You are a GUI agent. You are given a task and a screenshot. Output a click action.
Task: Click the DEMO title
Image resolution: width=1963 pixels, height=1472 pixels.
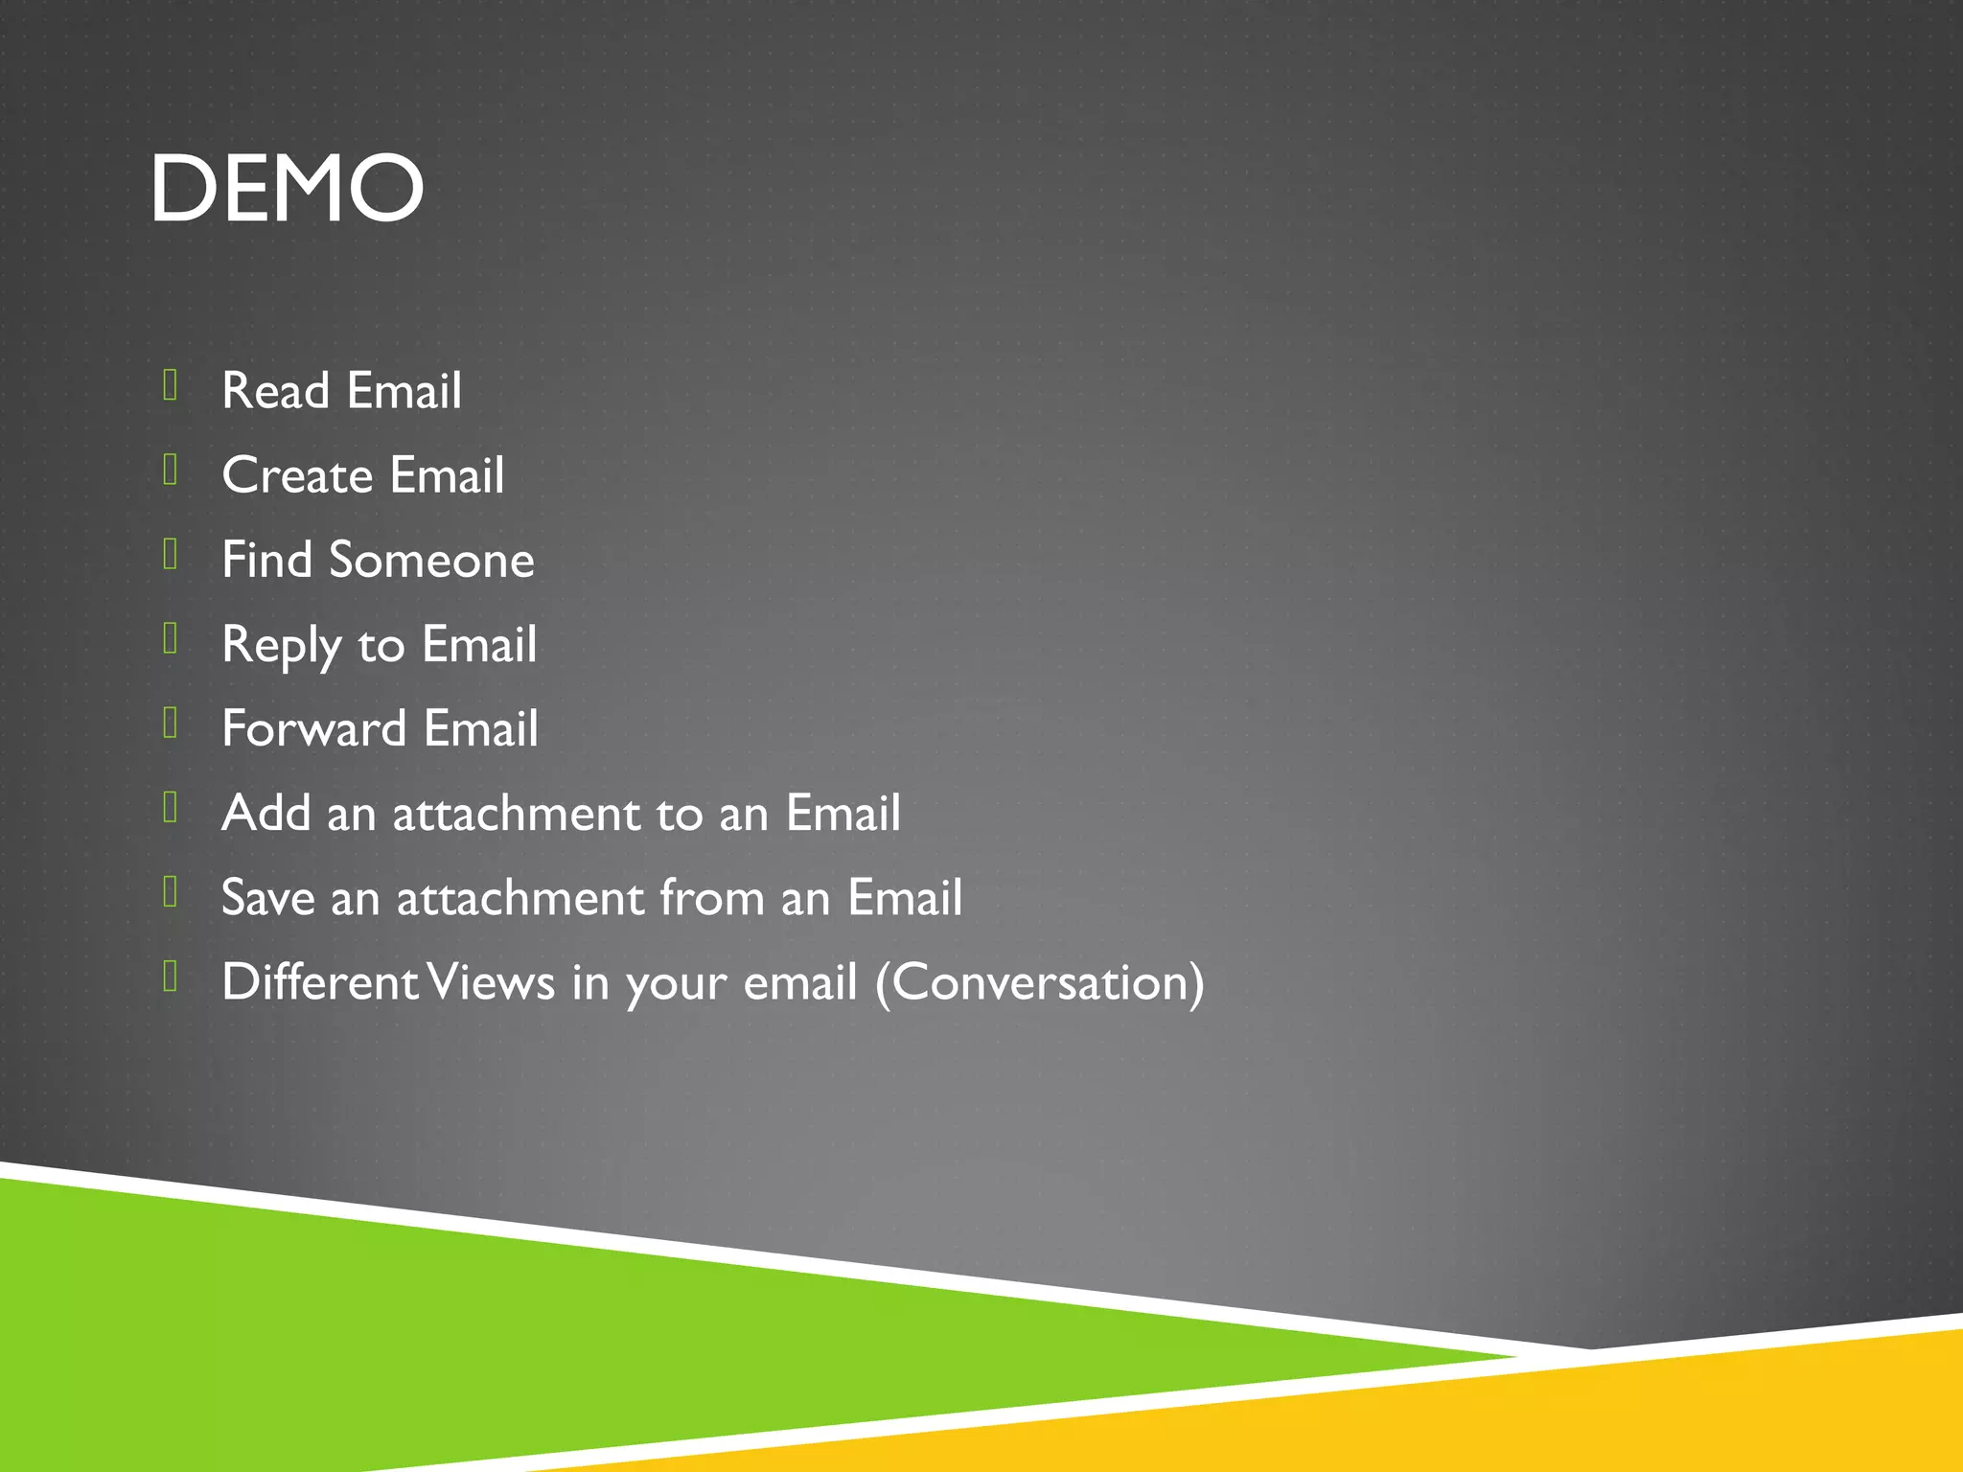point(286,189)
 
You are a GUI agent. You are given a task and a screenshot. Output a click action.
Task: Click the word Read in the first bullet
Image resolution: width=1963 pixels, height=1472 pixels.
point(275,391)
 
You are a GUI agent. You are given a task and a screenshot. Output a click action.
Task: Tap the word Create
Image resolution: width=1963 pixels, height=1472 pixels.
point(297,475)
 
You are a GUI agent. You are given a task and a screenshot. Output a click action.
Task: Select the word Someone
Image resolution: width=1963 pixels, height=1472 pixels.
point(431,560)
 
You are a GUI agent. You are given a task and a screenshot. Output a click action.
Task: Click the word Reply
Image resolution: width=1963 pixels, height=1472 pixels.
point(281,645)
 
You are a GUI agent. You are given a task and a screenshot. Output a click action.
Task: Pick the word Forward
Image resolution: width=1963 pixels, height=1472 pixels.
point(313,728)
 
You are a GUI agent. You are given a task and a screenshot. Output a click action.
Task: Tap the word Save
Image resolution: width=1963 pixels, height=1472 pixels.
point(267,898)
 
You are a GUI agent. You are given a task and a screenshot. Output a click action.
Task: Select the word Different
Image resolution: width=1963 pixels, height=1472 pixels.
point(320,982)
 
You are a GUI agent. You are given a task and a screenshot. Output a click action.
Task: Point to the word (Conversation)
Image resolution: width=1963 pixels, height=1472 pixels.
point(1039,982)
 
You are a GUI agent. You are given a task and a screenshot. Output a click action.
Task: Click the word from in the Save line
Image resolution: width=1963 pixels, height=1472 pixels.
point(710,898)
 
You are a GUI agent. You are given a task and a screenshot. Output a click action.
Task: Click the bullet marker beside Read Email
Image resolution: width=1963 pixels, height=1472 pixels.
point(171,385)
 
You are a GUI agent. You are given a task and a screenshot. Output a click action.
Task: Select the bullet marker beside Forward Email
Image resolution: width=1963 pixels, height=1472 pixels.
point(171,724)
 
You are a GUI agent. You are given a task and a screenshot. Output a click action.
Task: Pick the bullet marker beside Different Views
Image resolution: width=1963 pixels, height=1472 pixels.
point(171,977)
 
